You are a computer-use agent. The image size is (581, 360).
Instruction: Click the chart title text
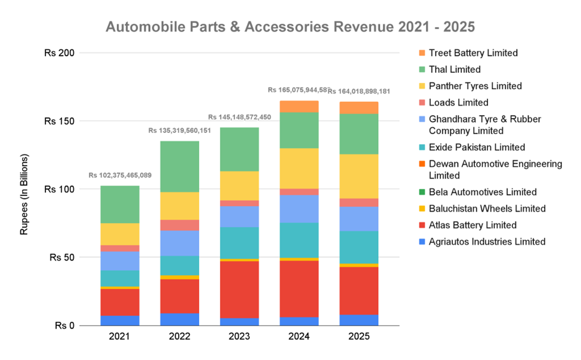point(290,27)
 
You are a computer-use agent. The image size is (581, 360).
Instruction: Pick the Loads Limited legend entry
point(458,103)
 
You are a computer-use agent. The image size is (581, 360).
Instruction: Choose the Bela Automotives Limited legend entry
point(483,192)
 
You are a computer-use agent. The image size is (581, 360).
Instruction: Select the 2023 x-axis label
point(239,337)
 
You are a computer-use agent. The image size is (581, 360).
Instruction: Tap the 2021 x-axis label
point(120,337)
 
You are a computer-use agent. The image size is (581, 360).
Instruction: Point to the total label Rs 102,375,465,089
point(120,176)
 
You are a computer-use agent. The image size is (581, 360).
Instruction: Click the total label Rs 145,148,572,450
point(239,117)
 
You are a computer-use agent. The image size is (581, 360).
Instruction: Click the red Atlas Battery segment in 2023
point(239,290)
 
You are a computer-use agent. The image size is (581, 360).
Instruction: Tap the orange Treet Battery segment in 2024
point(299,107)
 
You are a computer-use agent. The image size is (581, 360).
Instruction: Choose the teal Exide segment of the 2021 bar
point(120,278)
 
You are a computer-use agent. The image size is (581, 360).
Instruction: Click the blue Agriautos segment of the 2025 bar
point(358,320)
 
